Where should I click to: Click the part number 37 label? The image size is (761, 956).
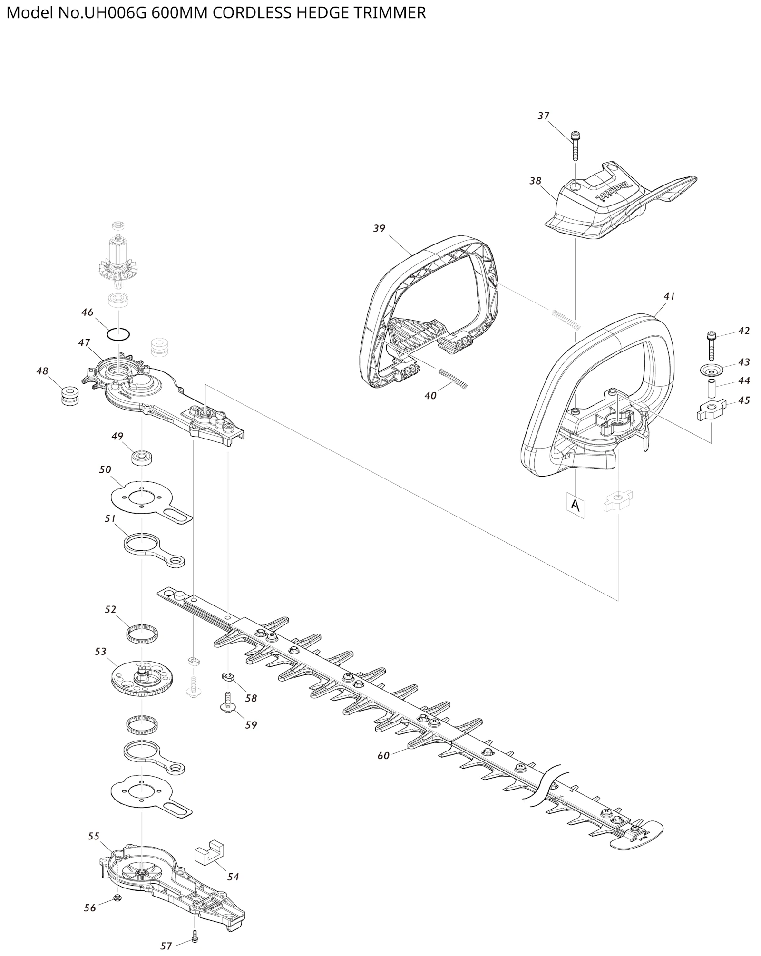[544, 116]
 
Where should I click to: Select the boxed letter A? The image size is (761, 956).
[576, 506]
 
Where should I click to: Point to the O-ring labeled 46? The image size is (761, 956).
[118, 334]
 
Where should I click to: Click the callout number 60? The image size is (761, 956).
[383, 755]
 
